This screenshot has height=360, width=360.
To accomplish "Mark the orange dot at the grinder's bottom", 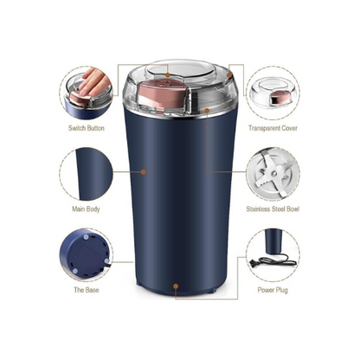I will pos(176,283).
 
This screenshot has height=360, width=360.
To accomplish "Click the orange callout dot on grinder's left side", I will pos(143,171).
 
